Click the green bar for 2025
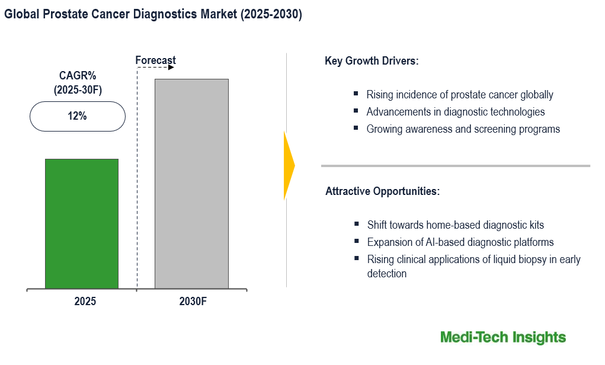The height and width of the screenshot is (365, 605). point(82,223)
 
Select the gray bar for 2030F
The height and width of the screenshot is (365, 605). point(191,184)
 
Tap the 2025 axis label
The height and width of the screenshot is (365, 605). point(85,302)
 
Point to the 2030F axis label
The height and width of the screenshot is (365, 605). point(193,302)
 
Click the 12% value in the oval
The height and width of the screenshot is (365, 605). point(77,116)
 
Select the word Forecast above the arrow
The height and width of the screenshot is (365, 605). point(155,60)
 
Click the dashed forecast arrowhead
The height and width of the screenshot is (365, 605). point(171,68)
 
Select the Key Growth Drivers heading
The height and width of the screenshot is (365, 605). point(372,61)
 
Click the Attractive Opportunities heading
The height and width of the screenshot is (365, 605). point(382,191)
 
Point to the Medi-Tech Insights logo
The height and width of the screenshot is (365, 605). point(503,338)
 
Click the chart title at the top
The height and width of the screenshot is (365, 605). point(153,15)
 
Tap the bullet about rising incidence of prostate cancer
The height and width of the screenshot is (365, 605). point(459,95)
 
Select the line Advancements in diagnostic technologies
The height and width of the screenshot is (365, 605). point(455,112)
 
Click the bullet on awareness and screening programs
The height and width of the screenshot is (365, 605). point(463,129)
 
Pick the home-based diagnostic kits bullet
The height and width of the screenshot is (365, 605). point(455,225)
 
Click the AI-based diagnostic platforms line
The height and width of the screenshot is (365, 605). point(460,242)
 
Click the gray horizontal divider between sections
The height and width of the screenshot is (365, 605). point(455,166)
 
